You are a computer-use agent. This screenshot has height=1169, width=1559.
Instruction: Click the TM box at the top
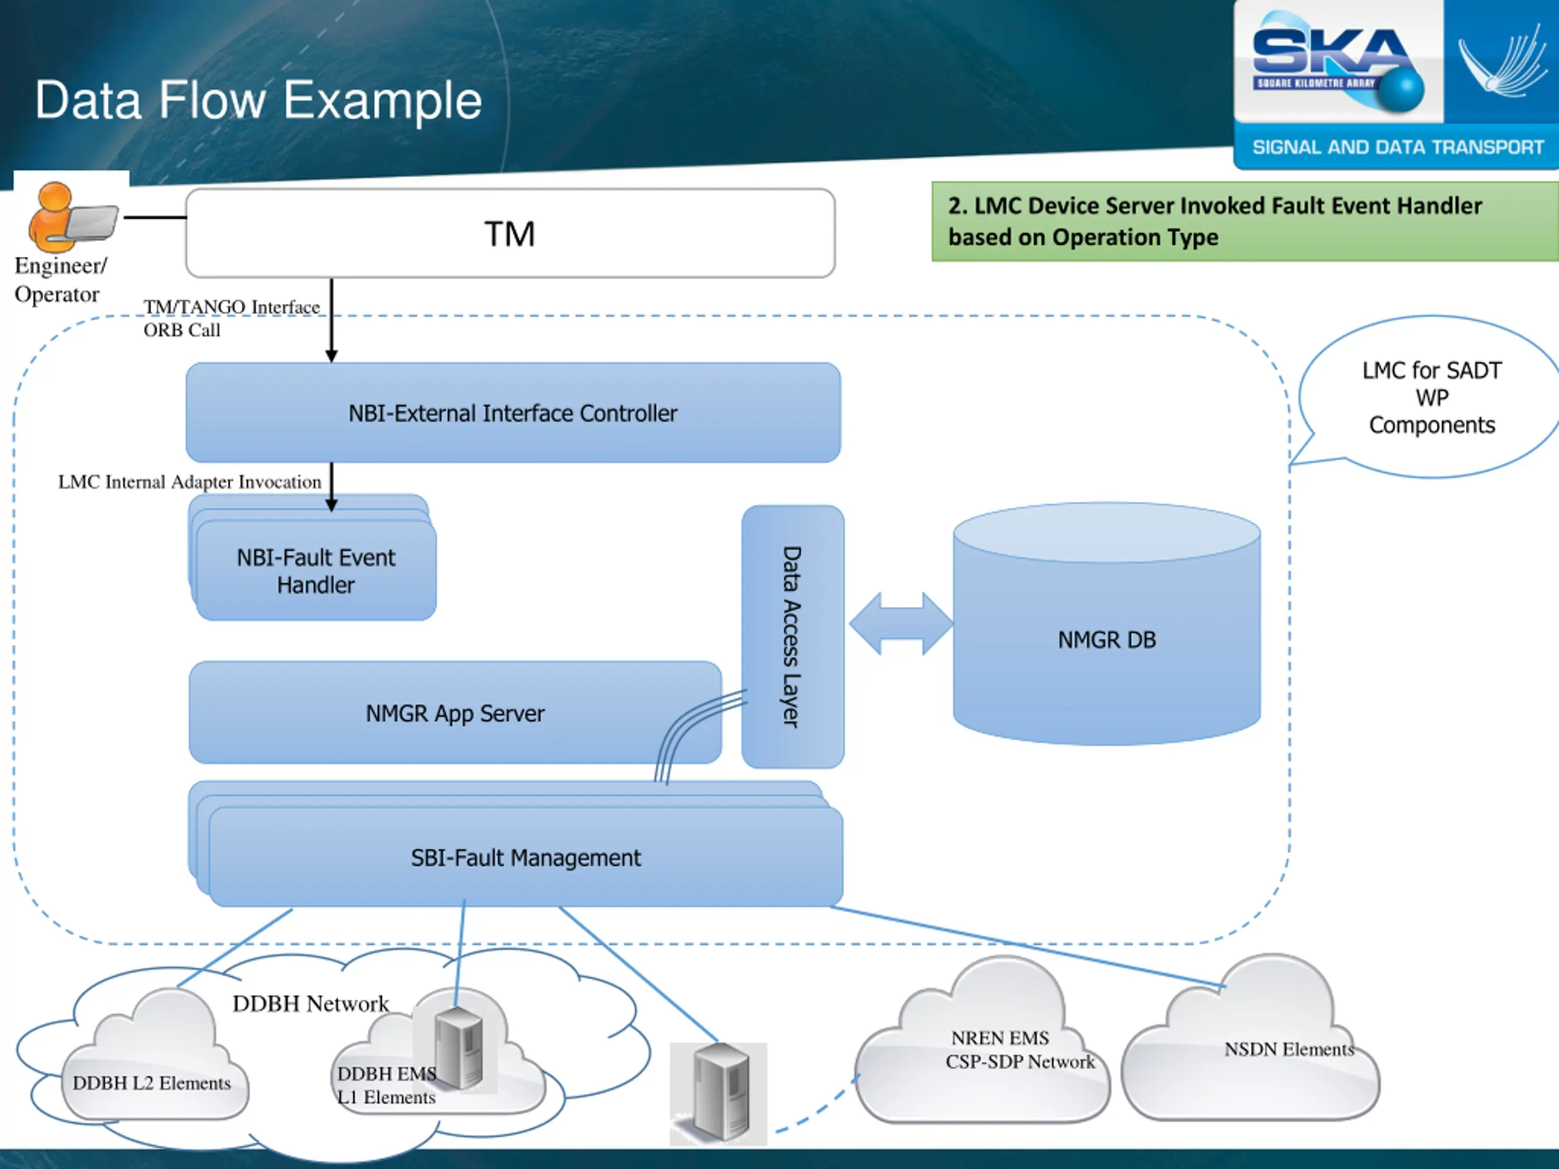point(510,233)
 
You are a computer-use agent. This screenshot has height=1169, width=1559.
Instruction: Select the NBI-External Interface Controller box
point(513,413)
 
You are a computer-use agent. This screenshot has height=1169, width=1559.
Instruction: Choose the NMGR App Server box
point(454,713)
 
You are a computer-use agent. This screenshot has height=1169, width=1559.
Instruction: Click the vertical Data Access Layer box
point(792,636)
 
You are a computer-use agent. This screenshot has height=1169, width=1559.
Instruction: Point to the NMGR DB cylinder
point(1107,639)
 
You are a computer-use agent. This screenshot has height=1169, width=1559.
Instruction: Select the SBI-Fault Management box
point(526,857)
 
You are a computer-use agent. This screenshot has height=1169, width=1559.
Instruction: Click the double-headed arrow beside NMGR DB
point(901,624)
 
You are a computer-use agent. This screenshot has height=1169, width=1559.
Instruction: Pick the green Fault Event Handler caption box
point(1244,221)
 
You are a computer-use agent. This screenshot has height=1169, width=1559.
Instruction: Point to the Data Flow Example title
point(259,100)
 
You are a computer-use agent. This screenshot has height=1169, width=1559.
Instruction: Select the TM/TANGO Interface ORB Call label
point(231,318)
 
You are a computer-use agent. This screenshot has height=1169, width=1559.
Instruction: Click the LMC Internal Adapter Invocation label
point(189,482)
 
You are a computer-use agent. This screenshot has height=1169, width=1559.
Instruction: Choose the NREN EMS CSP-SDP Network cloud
point(1001,1050)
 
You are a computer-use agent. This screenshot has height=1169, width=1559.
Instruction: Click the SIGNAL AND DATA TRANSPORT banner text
point(1398,147)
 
